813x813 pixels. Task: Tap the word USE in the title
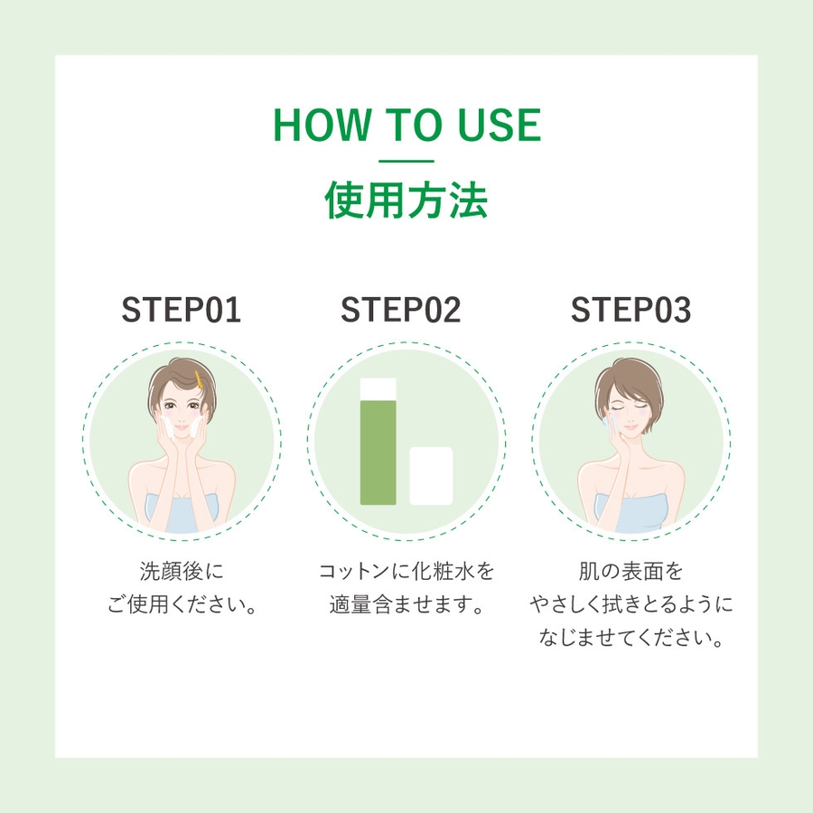[x=500, y=125]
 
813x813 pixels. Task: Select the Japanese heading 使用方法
[x=406, y=200]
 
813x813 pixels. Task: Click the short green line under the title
[x=406, y=162]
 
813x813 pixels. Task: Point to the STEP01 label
[x=182, y=310]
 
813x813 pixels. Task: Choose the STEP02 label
[x=401, y=310]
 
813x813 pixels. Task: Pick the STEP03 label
[x=631, y=310]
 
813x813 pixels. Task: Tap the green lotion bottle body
[x=378, y=453]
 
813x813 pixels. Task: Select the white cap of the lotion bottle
[x=378, y=388]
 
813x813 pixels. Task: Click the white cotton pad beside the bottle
[x=431, y=476]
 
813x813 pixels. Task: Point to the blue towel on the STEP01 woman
[x=182, y=513]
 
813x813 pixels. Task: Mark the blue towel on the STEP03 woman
[x=631, y=513]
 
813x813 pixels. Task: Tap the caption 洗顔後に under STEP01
[x=182, y=572]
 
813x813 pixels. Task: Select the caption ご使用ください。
[x=182, y=604]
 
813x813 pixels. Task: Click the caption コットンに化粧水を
[x=406, y=572]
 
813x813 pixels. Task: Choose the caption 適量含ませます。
[x=407, y=604]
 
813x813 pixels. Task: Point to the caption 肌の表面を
[x=631, y=572]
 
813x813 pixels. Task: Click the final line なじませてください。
[x=632, y=638]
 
